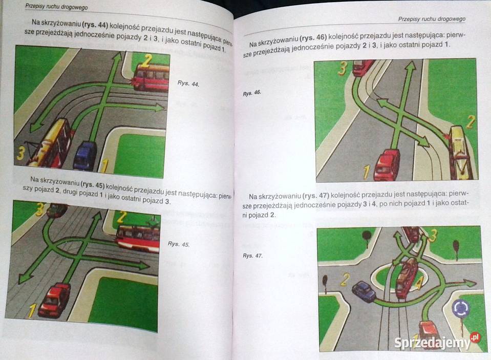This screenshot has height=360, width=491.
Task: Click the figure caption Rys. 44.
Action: point(188,83)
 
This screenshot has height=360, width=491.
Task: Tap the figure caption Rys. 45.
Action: point(179,244)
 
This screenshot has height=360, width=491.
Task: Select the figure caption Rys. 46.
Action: point(252,93)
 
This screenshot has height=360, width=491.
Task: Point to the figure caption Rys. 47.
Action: point(252,256)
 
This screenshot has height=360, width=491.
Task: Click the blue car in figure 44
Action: point(84,155)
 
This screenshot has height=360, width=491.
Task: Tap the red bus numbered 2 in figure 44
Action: point(151,77)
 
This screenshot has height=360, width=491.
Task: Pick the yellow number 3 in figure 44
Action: point(20,154)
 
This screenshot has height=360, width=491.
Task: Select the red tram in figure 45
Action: point(138,238)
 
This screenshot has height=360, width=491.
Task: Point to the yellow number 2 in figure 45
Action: point(122,217)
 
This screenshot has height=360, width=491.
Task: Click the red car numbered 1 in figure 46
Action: point(388,164)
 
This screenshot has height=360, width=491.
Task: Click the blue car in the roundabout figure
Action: point(364,291)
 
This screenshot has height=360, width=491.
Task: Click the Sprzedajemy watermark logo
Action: point(437,342)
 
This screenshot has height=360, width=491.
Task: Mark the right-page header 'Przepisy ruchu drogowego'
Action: point(432,19)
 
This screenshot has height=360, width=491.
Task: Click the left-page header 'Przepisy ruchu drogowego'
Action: point(56,7)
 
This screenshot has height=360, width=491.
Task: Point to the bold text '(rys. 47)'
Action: point(315,196)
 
